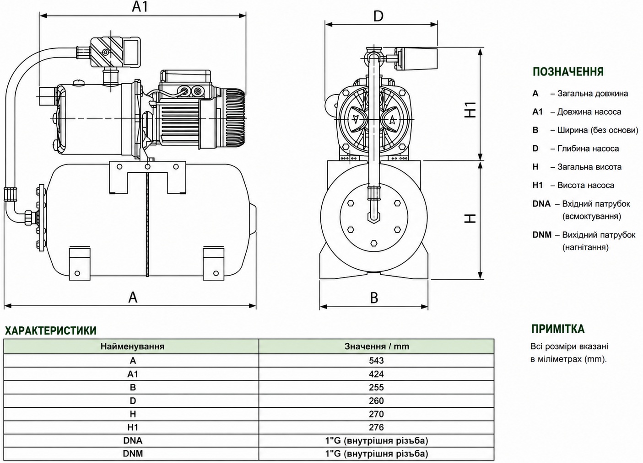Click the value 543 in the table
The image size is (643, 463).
[376, 360]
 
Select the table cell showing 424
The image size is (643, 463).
[376, 374]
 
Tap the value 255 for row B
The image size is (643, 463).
[376, 387]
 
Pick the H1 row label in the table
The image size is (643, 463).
[133, 427]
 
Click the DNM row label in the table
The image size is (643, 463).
[133, 453]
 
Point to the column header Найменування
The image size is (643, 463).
[132, 346]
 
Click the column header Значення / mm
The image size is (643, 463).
[377, 346]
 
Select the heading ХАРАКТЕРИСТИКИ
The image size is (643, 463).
[50, 330]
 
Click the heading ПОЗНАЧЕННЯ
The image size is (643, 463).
[568, 72]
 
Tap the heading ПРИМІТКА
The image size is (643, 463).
[558, 329]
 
